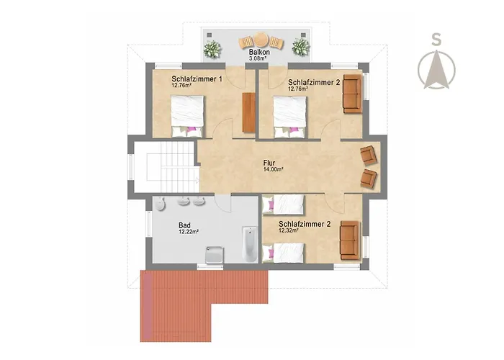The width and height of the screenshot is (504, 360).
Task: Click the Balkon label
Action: click(259, 52)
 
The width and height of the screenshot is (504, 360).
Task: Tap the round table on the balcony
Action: click(261, 40)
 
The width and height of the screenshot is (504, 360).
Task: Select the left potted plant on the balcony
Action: click(212, 49)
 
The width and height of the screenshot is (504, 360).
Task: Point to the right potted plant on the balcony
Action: click(300, 47)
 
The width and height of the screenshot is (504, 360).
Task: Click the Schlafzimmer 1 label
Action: click(197, 78)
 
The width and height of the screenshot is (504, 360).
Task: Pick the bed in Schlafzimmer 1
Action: click(187, 117)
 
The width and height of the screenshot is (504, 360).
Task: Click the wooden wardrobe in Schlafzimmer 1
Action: click(249, 112)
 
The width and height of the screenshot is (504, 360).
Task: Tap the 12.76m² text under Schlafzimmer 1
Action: click(181, 85)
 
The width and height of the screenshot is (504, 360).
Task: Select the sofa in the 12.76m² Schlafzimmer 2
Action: click(353, 94)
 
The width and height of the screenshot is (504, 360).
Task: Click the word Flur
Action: click(269, 163)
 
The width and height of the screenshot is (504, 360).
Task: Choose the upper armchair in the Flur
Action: click(369, 155)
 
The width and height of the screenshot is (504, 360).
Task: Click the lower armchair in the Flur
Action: click(369, 179)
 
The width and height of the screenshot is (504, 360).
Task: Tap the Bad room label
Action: click(184, 225)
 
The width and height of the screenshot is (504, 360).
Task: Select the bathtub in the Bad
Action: click(250, 245)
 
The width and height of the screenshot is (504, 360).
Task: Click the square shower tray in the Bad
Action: click(215, 255)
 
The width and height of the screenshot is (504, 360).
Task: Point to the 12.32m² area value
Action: click(289, 230)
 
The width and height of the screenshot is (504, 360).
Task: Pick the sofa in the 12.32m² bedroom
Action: click(350, 240)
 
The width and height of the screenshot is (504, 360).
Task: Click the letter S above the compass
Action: click(436, 40)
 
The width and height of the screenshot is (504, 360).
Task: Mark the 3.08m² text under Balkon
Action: click(258, 58)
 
